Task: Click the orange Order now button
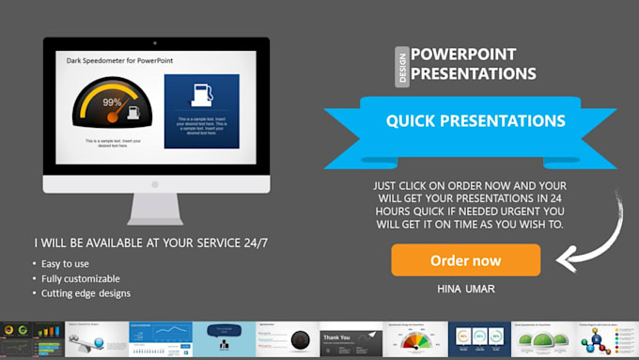tap(465, 260)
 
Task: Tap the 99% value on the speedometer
tap(112, 102)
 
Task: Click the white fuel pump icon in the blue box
tap(200, 95)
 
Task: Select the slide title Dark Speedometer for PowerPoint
tap(118, 61)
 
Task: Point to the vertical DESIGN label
tap(402, 67)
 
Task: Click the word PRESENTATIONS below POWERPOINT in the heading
tap(473, 74)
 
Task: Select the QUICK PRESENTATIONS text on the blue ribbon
tap(475, 121)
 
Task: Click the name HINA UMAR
tap(465, 288)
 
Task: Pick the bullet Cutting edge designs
tap(86, 293)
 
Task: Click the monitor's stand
tap(156, 208)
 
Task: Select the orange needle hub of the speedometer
tap(112, 117)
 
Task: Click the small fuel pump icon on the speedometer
tap(133, 113)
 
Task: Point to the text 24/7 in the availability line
tap(252, 243)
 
